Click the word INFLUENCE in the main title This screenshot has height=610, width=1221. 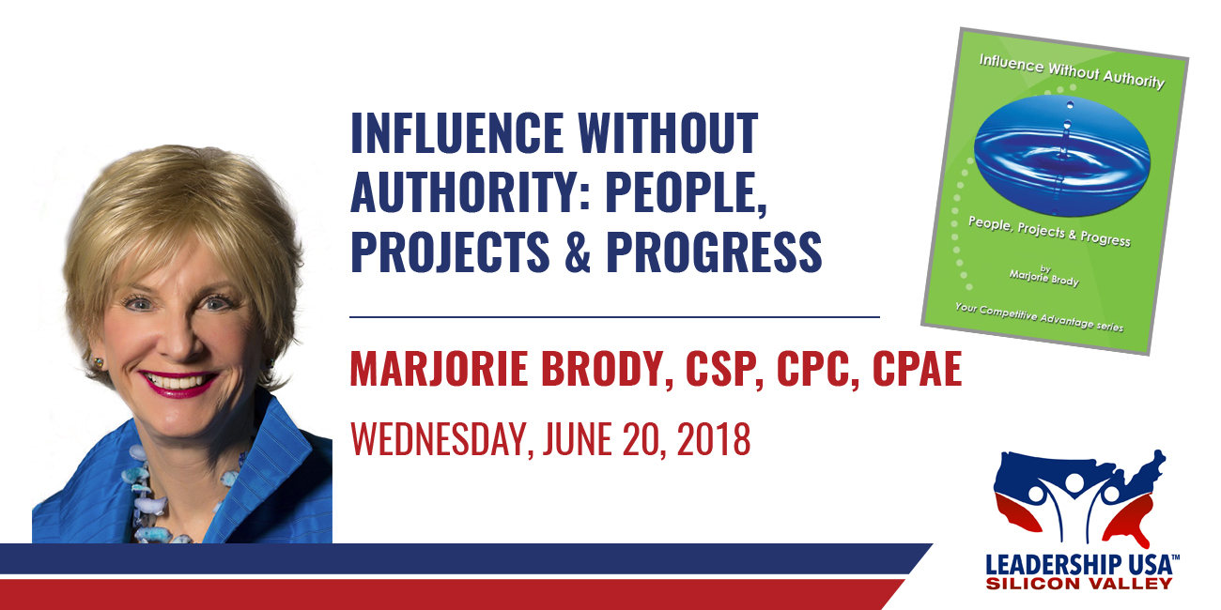(x=456, y=132)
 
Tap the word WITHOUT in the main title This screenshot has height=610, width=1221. (x=668, y=132)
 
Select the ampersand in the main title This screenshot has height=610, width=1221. (x=578, y=252)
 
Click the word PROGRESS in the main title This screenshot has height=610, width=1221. (x=714, y=252)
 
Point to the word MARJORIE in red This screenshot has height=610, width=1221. (x=439, y=369)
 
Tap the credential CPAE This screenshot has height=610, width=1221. (x=918, y=369)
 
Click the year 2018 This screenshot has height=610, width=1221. (x=714, y=438)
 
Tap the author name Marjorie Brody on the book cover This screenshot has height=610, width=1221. (x=1043, y=278)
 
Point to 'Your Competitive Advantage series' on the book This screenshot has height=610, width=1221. (x=1039, y=317)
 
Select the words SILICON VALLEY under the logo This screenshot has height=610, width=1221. (x=1079, y=584)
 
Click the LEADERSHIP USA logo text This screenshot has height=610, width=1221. (x=1083, y=564)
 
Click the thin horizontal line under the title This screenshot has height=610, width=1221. (x=614, y=316)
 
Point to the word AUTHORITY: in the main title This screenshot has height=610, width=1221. (x=471, y=191)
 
